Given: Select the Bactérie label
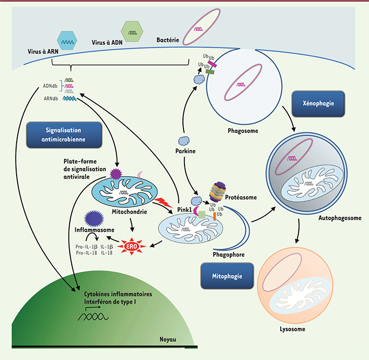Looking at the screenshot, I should click(x=169, y=39).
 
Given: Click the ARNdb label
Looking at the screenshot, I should click(x=52, y=97).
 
